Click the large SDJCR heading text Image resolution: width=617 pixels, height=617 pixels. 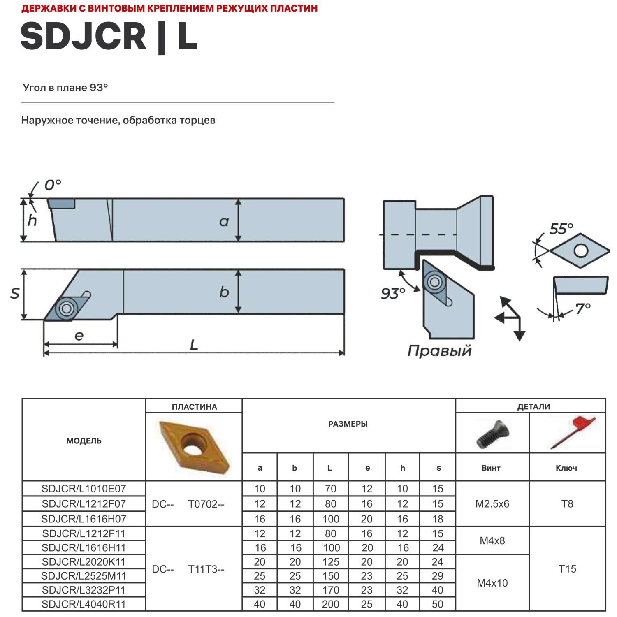pyautogui.click(x=84, y=36)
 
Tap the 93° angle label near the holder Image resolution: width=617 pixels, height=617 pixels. pyautogui.click(x=392, y=294)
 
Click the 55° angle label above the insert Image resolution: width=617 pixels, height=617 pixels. pyautogui.click(x=561, y=228)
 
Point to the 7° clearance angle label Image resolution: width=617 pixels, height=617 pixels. pyautogui.click(x=583, y=308)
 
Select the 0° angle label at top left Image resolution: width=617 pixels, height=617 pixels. pyautogui.click(x=53, y=185)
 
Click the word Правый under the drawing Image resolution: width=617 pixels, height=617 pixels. pyautogui.click(x=439, y=351)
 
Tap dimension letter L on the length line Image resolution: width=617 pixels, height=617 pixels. pyautogui.click(x=194, y=345)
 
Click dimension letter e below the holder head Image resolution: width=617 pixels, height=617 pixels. pyautogui.click(x=79, y=336)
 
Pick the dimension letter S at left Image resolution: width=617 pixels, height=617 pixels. pyautogui.click(x=15, y=293)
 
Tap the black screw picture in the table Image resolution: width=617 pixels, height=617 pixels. pyautogui.click(x=492, y=434)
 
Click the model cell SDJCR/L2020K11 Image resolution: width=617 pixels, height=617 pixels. pyautogui.click(x=84, y=562)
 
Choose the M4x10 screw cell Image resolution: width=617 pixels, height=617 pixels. pyautogui.click(x=492, y=583)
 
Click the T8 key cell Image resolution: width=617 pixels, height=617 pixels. pyautogui.click(x=567, y=504)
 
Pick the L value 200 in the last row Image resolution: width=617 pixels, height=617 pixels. pyautogui.click(x=330, y=604)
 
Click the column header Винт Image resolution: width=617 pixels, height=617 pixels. pyautogui.click(x=491, y=468)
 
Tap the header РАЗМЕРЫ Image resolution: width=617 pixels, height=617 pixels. pyautogui.click(x=348, y=424)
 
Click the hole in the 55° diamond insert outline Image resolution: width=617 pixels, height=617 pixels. pyautogui.click(x=581, y=251)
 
